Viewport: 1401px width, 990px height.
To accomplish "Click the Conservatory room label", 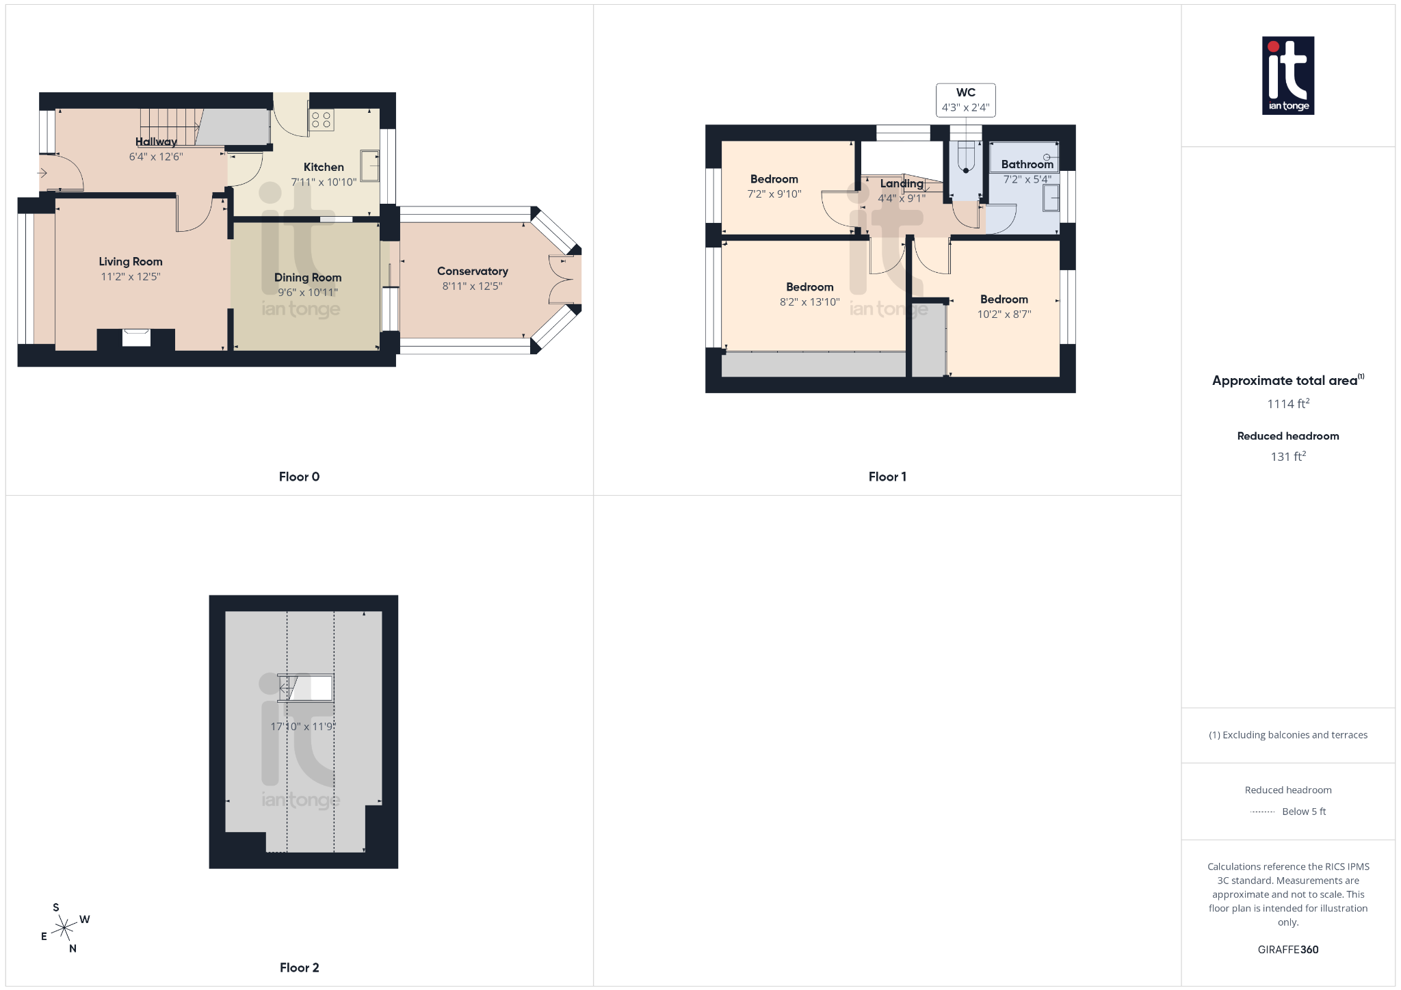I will click(472, 271).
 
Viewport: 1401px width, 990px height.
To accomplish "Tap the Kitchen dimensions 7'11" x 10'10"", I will click(324, 182).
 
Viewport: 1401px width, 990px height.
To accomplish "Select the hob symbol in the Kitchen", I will click(321, 120).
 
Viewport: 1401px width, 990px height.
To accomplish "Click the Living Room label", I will click(131, 262).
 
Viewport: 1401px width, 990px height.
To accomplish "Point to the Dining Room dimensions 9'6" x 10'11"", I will click(308, 293).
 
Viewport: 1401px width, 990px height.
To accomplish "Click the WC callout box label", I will click(965, 93).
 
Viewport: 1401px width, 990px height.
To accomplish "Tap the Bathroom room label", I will click(1027, 164).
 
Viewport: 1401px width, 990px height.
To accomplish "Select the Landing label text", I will click(902, 183).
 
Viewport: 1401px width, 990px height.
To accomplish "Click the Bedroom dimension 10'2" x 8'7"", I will click(1004, 315).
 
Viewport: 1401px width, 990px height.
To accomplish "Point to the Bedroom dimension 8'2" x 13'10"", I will click(809, 302).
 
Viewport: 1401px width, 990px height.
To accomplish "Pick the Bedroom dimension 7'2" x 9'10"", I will click(774, 194).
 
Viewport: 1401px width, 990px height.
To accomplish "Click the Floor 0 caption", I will click(299, 477).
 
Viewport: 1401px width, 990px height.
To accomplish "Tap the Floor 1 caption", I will click(887, 477).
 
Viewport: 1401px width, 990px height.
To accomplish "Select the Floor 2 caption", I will click(299, 967).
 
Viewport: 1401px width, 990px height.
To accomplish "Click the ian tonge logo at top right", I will click(1287, 75).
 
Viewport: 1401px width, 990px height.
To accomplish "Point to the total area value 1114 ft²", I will click(1287, 404).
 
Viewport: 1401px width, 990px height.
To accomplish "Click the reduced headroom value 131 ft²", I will click(1287, 457).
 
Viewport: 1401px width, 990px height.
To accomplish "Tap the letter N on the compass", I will click(73, 948).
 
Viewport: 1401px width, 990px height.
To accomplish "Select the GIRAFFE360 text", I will click(1287, 950).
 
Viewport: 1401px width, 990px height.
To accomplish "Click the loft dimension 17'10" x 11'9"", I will click(302, 726).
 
